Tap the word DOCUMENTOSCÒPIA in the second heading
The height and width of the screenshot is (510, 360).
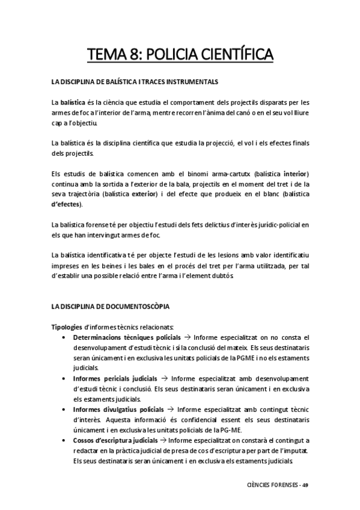pos(139,306)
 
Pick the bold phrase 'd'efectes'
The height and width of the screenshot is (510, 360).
pos(67,204)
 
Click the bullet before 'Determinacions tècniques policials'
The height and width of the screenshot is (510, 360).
pos(64,337)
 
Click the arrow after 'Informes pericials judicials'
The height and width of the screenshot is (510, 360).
pos(163,378)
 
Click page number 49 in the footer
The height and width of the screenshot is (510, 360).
pos(305,485)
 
